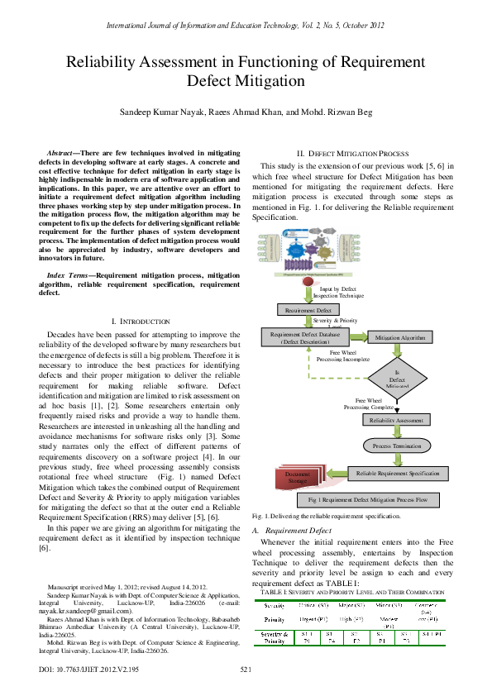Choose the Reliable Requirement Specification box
pos(397,473)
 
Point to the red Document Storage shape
pos(297,479)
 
